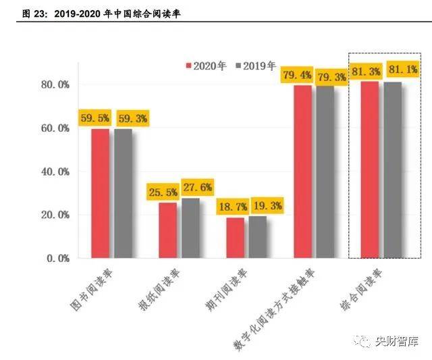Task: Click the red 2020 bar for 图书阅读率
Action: (100, 193)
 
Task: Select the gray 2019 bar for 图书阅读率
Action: (123, 193)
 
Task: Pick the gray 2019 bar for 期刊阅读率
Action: (258, 236)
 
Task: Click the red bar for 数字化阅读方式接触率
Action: (302, 172)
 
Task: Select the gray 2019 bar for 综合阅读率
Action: (393, 170)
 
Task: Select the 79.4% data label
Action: (297, 75)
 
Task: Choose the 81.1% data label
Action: (399, 71)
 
